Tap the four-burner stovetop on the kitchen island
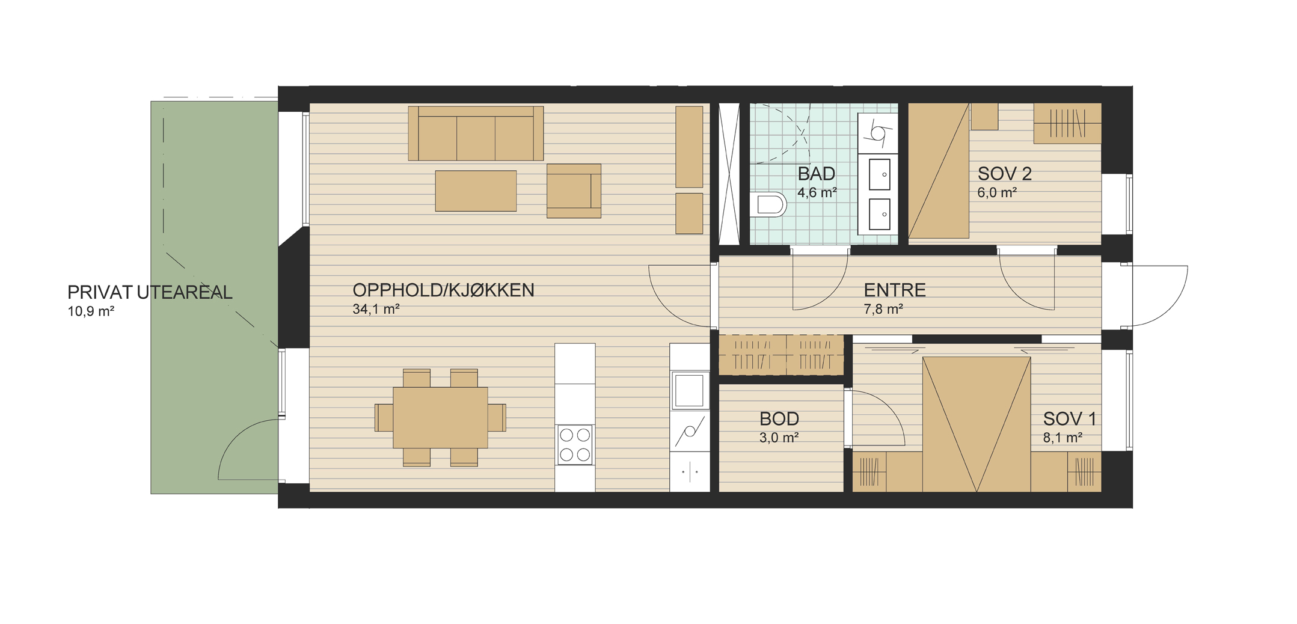pos(575,445)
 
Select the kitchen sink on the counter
pos(689,390)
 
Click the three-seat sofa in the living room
pos(476,133)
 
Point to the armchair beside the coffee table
pos(574,191)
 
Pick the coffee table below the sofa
pos(476,191)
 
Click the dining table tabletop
pos(440,418)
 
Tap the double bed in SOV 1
pos(977,424)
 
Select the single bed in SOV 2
pos(939,171)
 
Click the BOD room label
pos(779,419)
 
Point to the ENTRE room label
pos(895,290)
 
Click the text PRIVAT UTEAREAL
pos(150,293)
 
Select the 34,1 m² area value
pos(376,310)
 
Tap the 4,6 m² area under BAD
pos(817,193)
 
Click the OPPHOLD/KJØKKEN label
pos(443,290)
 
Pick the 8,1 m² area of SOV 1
pos(1062,438)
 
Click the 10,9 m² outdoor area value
pos(91,311)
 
